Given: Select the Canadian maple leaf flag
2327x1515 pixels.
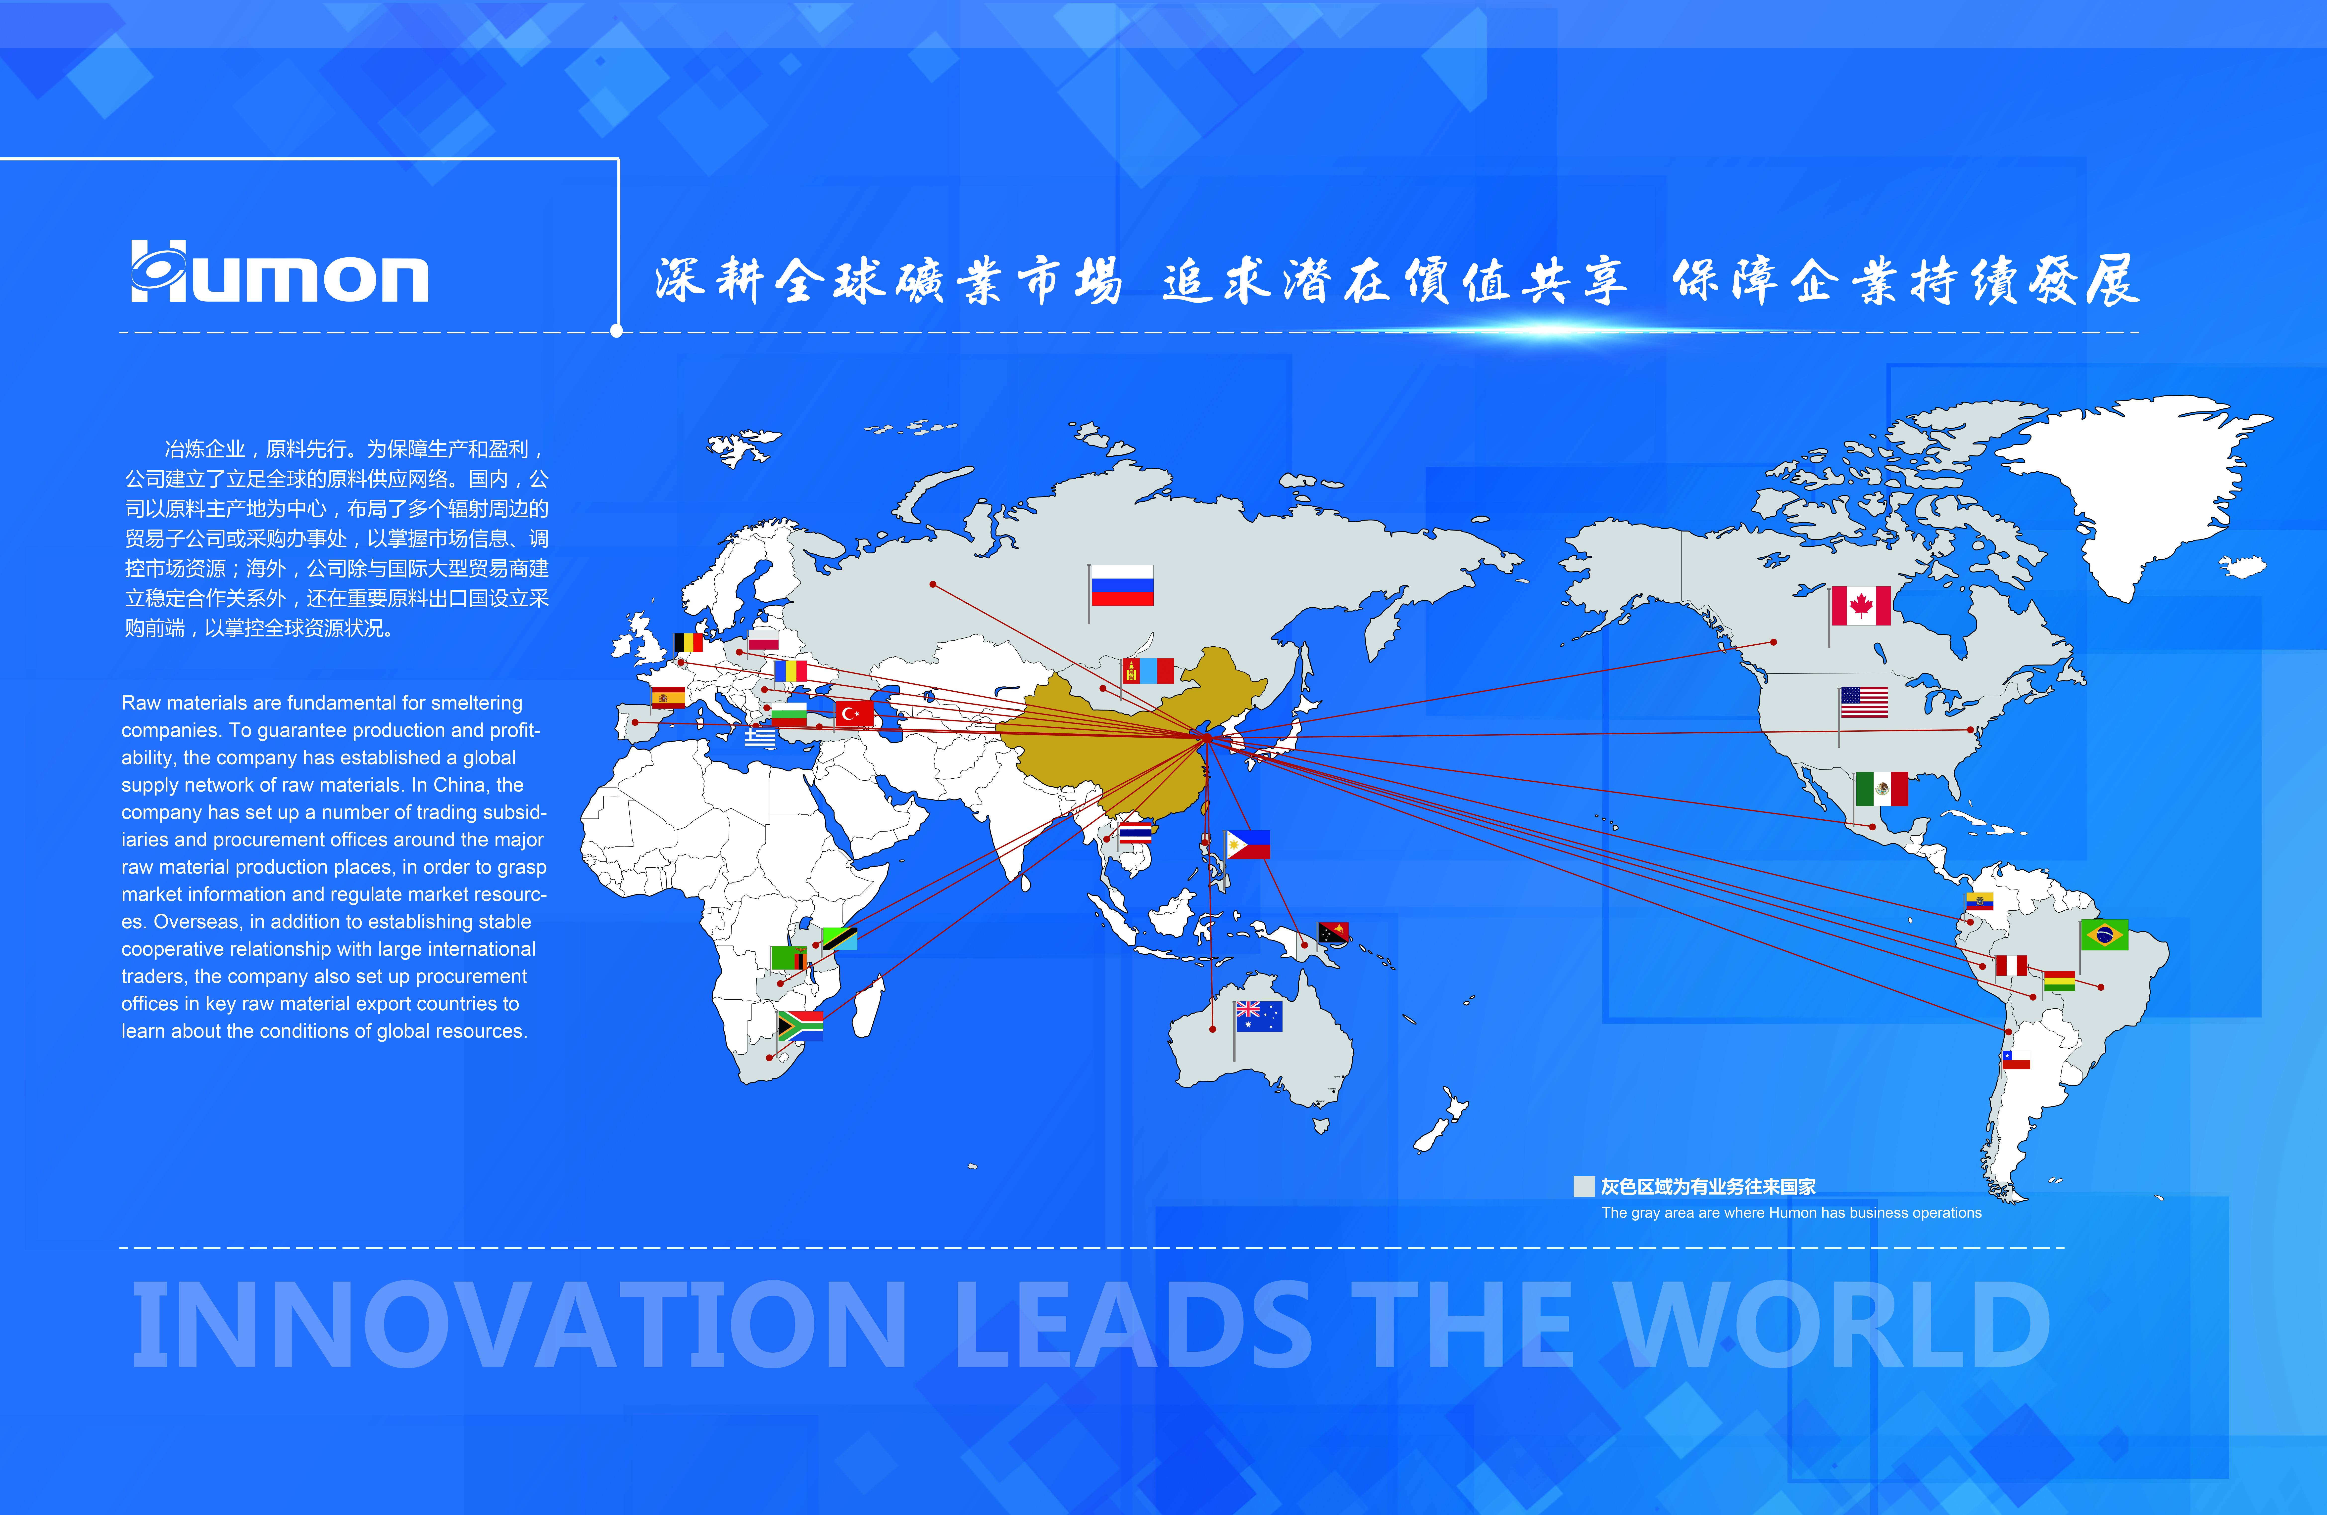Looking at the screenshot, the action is [x=1861, y=606].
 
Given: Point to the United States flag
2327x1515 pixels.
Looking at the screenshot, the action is [x=1864, y=702].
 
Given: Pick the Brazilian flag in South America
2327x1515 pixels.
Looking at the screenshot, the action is [x=2104, y=935].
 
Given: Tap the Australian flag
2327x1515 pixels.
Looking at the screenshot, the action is [x=1258, y=1017].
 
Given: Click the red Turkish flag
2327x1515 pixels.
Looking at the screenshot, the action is [x=853, y=713].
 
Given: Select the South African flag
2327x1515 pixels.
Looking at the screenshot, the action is [x=800, y=1025].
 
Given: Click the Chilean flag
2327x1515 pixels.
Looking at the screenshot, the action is [x=2016, y=1061].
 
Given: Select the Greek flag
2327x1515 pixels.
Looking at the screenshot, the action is [x=760, y=739].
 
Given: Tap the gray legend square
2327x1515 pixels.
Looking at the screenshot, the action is [x=1584, y=1187].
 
